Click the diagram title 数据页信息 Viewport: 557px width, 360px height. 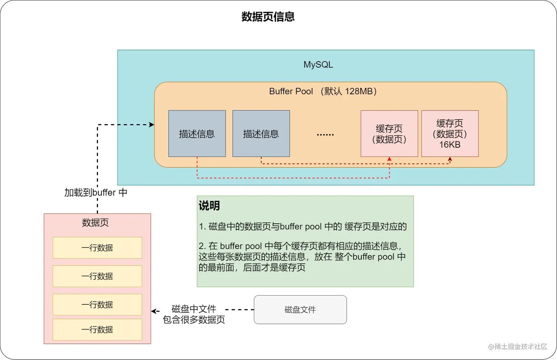click(268, 17)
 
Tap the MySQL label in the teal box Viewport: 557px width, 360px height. click(318, 65)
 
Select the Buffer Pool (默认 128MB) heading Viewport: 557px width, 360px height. click(323, 91)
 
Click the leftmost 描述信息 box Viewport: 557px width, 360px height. click(197, 134)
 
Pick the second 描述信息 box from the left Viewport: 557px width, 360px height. click(261, 134)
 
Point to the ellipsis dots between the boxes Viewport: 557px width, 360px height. click(325, 135)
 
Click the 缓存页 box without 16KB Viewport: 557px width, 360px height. click(389, 134)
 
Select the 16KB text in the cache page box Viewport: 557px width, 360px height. click(450, 145)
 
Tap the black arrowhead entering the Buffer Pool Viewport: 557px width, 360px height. click(151, 125)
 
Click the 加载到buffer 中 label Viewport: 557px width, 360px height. click(96, 193)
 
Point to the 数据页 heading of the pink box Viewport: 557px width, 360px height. click(95, 223)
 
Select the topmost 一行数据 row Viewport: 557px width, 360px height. click(97, 248)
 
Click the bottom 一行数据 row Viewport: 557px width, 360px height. click(97, 329)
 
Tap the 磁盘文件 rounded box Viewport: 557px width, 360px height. click(300, 310)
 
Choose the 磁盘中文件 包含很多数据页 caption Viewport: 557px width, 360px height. click(194, 314)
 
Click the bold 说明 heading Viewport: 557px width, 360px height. click(209, 206)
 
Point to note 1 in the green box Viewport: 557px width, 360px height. click(303, 227)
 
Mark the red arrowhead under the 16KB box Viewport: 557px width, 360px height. click(450, 160)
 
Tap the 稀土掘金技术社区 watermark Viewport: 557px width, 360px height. click(518, 346)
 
